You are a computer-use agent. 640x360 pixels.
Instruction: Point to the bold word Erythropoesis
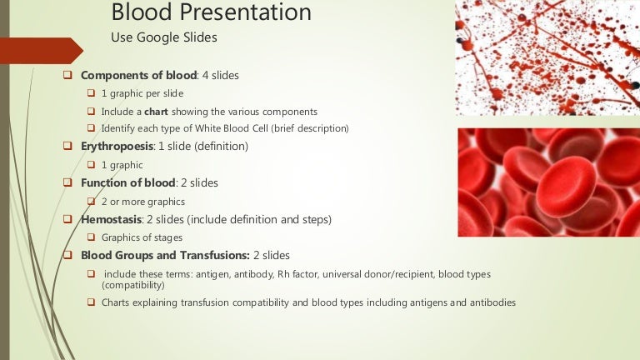(x=117, y=146)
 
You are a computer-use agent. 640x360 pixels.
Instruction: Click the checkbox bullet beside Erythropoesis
(x=68, y=146)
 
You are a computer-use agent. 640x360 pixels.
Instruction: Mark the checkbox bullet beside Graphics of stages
(x=92, y=237)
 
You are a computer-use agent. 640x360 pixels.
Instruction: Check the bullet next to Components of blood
(x=68, y=75)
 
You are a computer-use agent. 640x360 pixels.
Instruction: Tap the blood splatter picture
(x=547, y=57)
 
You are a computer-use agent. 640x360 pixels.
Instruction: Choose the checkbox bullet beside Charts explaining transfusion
(x=92, y=302)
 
